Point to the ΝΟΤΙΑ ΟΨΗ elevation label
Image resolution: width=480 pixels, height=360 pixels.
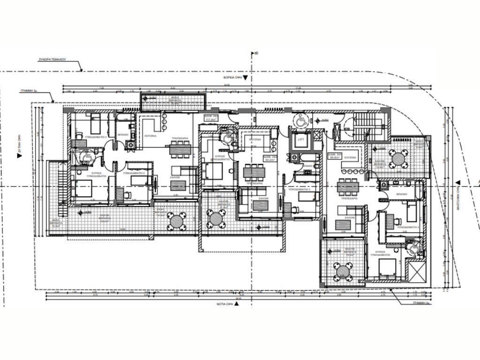click(226, 304)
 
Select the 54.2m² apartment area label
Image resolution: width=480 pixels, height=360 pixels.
click(270, 158)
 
